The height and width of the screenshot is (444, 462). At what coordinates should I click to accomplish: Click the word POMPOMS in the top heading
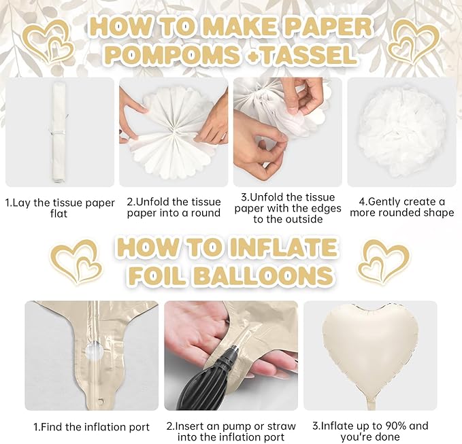point(172,55)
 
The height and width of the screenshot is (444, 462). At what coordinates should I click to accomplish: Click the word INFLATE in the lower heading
point(284,247)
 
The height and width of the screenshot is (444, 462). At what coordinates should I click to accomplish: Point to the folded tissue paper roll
point(59,132)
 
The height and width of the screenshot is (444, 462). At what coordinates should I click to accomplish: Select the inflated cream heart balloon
point(370,347)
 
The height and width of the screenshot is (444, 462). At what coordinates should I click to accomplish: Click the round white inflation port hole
point(95,349)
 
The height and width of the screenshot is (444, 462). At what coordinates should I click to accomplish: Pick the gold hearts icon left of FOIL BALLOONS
point(76,262)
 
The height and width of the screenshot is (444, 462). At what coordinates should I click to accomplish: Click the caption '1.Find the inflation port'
point(91,427)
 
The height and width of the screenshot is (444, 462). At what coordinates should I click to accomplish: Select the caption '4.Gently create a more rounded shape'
point(402,207)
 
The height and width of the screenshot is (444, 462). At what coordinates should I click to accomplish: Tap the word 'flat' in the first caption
point(59,214)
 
